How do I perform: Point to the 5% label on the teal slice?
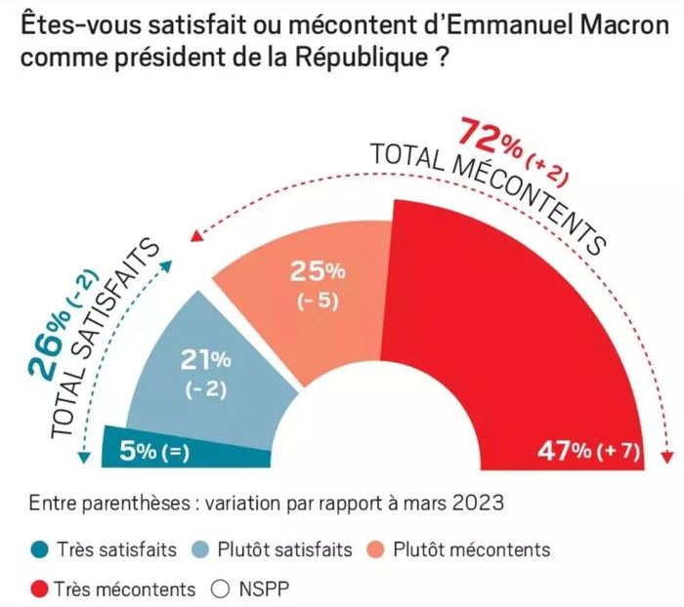tap(137, 451)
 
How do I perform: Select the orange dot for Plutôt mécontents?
tap(376, 549)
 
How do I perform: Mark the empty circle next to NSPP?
tap(220, 589)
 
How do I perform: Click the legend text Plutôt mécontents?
tap(471, 549)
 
